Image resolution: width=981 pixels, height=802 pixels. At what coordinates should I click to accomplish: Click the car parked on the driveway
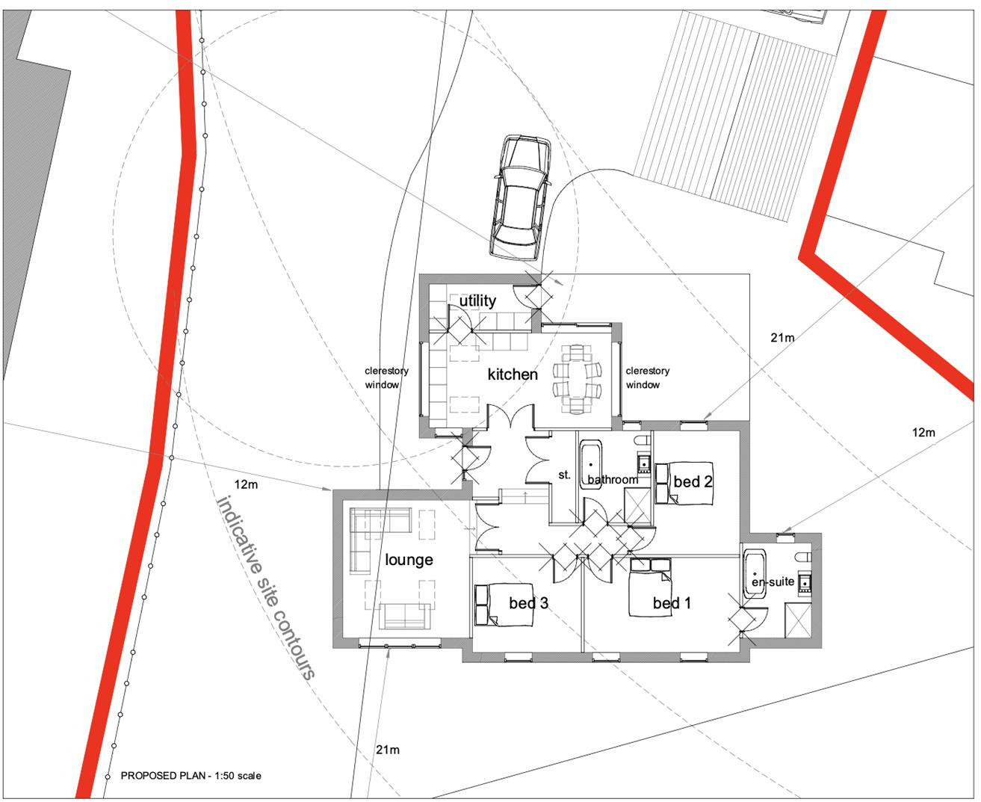point(521,197)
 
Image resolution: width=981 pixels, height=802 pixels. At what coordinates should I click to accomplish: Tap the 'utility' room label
point(477,300)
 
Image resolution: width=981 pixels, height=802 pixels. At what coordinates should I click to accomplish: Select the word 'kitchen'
point(513,374)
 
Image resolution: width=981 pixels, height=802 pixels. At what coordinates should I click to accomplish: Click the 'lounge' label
point(409,560)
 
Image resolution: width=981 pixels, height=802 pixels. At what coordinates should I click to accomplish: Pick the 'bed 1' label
point(672,603)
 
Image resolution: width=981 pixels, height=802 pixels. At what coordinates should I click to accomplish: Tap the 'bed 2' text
point(693,482)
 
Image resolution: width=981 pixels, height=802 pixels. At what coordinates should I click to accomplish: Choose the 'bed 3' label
point(529,602)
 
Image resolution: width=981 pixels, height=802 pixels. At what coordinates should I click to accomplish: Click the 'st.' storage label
point(564,475)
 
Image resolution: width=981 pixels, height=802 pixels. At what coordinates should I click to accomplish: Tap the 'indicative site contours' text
point(265,587)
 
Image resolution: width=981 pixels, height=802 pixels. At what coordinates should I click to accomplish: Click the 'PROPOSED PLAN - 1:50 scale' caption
point(191,776)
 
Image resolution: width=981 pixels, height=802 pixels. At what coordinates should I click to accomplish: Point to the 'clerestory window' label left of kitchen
point(386,377)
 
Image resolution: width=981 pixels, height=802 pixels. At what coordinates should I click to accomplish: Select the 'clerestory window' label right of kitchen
point(647,377)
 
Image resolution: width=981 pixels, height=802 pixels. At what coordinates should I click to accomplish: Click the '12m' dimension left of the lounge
point(246,484)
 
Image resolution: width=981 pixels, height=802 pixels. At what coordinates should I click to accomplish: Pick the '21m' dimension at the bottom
point(388,749)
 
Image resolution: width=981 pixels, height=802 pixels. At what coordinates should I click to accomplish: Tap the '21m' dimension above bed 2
point(782,337)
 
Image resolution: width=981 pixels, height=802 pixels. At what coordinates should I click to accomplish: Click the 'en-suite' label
point(773,582)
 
